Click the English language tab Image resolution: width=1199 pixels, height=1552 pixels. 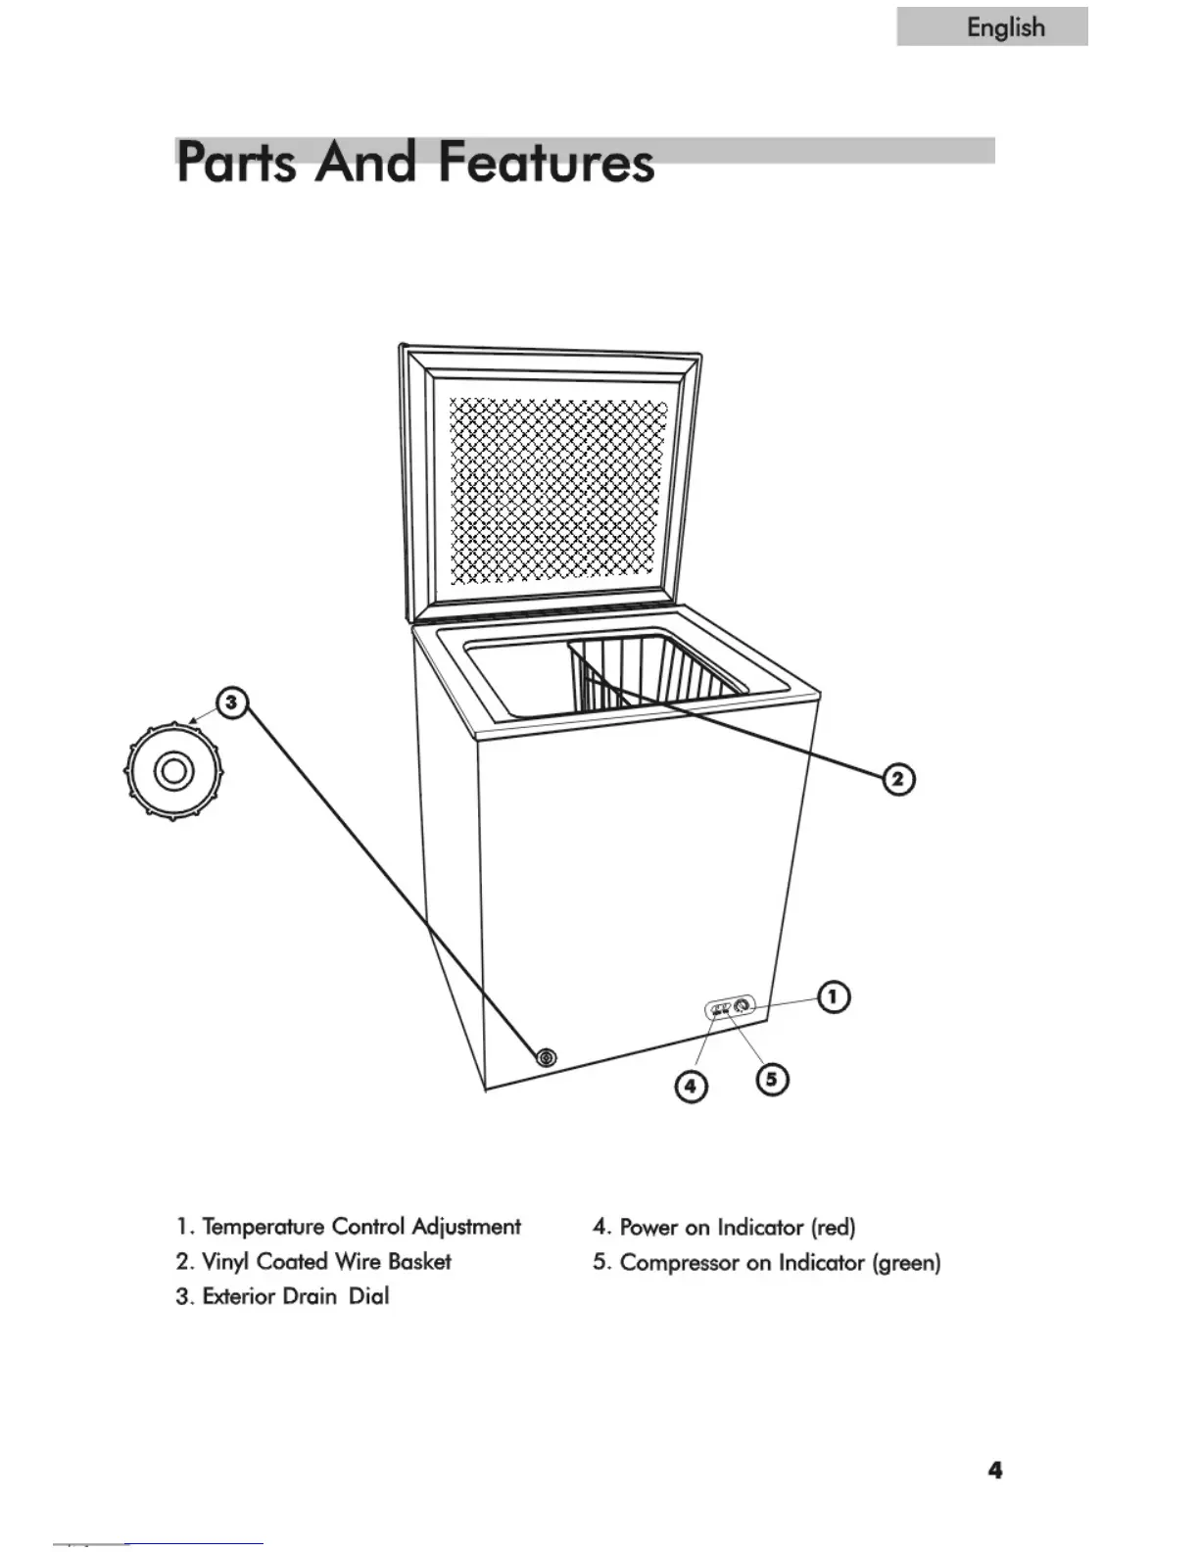point(991,26)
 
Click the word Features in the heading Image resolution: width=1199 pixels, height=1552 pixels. point(546,163)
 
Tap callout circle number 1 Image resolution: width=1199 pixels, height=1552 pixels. point(833,997)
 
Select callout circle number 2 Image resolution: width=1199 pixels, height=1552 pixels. point(898,780)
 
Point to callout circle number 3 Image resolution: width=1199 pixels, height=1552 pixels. point(231,703)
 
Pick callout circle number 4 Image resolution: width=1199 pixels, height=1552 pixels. point(691,1086)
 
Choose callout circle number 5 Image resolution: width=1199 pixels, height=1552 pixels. point(772,1079)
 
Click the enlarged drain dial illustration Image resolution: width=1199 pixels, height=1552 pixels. point(173,771)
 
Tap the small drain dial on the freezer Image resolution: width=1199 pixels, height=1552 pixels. point(546,1058)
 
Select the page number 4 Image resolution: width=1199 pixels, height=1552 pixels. point(995,1470)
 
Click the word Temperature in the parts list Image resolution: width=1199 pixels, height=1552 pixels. point(263,1227)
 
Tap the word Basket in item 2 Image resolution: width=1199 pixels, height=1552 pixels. point(419,1262)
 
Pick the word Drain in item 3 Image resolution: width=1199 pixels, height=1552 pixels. point(309,1296)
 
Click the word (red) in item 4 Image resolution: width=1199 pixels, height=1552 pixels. point(833,1227)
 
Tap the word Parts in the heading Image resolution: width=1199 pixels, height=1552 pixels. point(236,163)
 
